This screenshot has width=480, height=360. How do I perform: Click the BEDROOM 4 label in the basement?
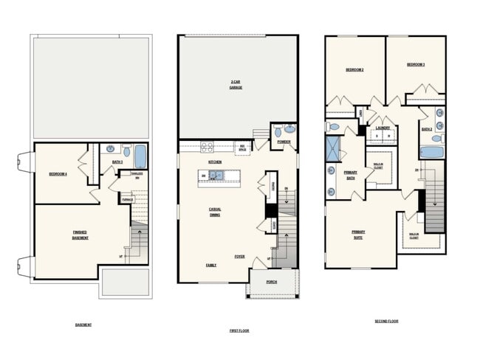58,174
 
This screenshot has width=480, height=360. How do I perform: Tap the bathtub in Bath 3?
139,156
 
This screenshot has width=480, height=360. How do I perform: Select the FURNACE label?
127,198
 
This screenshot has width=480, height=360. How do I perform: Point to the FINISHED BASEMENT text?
79,235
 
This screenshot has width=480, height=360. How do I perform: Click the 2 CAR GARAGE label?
236,84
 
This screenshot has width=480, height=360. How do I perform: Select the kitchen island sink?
216,176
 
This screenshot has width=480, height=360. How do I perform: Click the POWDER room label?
284,142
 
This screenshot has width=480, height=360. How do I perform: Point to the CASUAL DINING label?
215,212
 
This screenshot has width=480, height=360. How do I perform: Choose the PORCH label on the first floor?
272,281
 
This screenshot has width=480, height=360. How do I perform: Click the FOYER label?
239,257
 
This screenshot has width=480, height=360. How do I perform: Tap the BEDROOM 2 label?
355,70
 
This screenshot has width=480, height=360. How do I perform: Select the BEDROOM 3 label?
415,65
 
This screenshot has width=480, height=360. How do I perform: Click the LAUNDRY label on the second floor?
383,128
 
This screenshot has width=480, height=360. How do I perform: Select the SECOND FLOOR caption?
386,321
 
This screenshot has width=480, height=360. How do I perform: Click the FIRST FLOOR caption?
239,330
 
